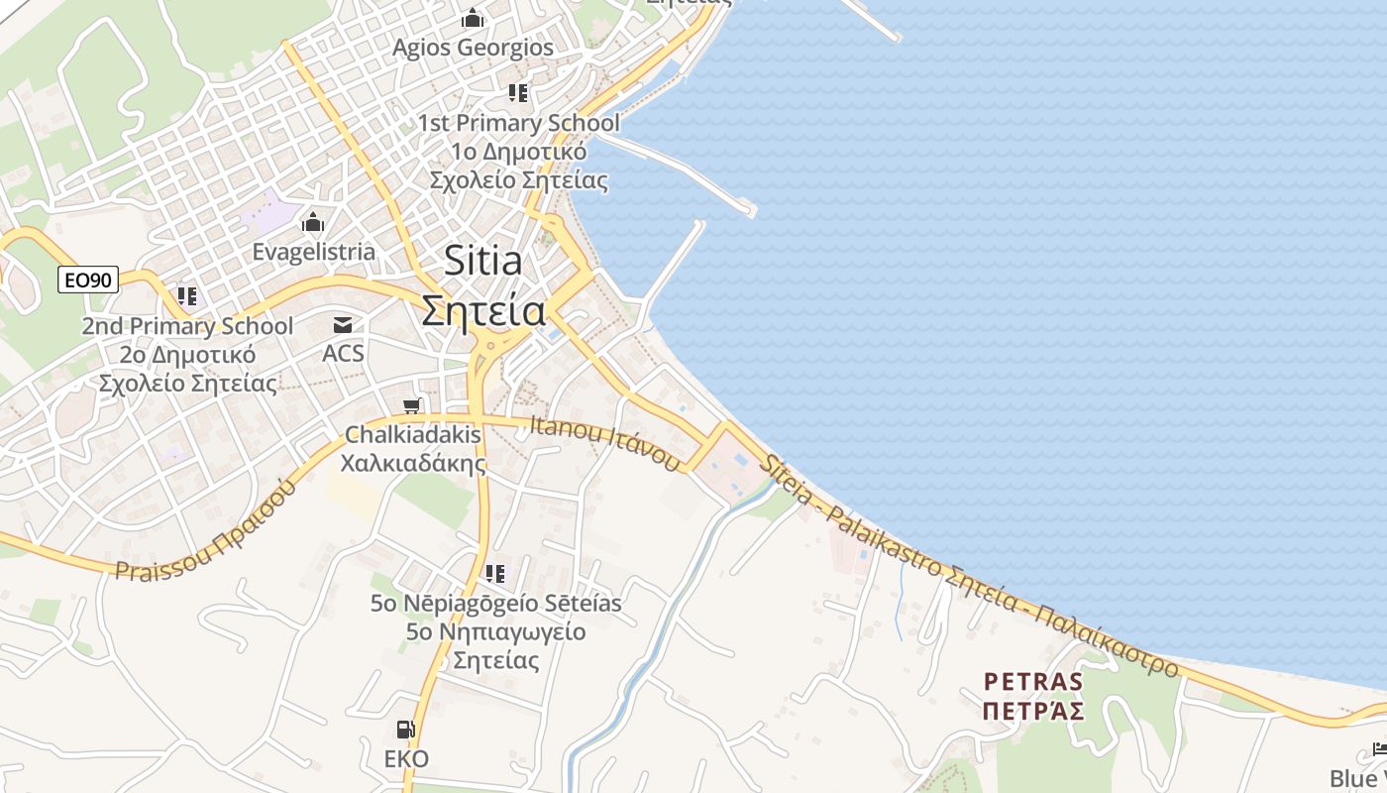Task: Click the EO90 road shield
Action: (x=87, y=281)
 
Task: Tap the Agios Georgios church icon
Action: (x=473, y=18)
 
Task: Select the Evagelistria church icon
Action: (x=313, y=221)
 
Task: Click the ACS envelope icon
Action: (x=343, y=324)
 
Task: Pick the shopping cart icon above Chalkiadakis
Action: (x=413, y=404)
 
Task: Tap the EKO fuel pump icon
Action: (x=405, y=730)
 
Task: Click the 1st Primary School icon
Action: (x=518, y=93)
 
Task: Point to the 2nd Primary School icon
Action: (x=187, y=295)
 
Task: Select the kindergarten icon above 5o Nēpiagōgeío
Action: (x=495, y=573)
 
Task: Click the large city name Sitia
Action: (x=482, y=261)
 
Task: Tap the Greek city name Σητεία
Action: (x=482, y=310)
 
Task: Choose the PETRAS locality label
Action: (x=1033, y=682)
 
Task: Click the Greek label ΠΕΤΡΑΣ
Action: (x=1033, y=711)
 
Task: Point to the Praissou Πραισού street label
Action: (x=207, y=531)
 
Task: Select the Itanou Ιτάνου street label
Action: (x=606, y=443)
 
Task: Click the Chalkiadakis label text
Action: (x=412, y=434)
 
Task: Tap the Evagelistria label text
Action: (x=313, y=252)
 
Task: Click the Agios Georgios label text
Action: (x=473, y=48)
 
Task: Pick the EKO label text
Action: (x=406, y=759)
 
